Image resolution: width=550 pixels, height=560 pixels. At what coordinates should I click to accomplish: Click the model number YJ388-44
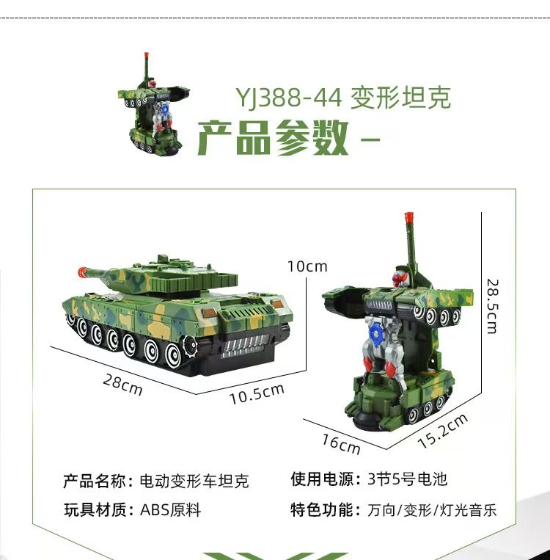(x=289, y=98)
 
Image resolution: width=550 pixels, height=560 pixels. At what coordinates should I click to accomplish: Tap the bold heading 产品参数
(x=273, y=138)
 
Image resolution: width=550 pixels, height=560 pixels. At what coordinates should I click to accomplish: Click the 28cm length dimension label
(x=122, y=385)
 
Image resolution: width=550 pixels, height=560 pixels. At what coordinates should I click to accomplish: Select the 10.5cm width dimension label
(x=257, y=394)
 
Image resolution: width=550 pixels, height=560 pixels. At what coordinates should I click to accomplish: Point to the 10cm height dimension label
(x=307, y=266)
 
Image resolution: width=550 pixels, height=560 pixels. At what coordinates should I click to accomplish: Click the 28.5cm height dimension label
(x=492, y=307)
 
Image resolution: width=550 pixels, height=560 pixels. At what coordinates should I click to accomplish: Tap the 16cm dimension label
(x=341, y=444)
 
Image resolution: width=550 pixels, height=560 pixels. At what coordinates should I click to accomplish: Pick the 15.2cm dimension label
(x=443, y=431)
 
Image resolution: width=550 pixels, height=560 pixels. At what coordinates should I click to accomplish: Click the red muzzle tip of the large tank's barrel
(x=82, y=272)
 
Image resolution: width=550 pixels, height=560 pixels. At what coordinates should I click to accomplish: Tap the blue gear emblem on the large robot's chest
(x=375, y=334)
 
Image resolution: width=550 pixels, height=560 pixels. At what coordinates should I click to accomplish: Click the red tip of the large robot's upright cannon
(x=408, y=217)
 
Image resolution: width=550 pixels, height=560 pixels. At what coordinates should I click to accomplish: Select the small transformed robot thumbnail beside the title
(x=153, y=104)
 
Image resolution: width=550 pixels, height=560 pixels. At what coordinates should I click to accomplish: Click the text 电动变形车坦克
(x=194, y=481)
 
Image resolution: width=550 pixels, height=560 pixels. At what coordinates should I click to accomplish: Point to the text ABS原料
(x=170, y=510)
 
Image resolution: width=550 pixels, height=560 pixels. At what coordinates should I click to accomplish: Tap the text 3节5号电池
(x=407, y=479)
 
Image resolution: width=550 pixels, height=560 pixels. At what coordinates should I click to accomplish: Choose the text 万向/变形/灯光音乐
(x=432, y=510)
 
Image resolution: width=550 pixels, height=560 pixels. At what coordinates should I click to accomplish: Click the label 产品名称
(x=94, y=481)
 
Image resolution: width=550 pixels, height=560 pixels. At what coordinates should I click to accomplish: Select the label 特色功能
(x=321, y=510)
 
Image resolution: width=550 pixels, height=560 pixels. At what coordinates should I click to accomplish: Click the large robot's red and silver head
(x=400, y=278)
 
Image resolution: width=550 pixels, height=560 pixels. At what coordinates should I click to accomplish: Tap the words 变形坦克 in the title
(x=401, y=98)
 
